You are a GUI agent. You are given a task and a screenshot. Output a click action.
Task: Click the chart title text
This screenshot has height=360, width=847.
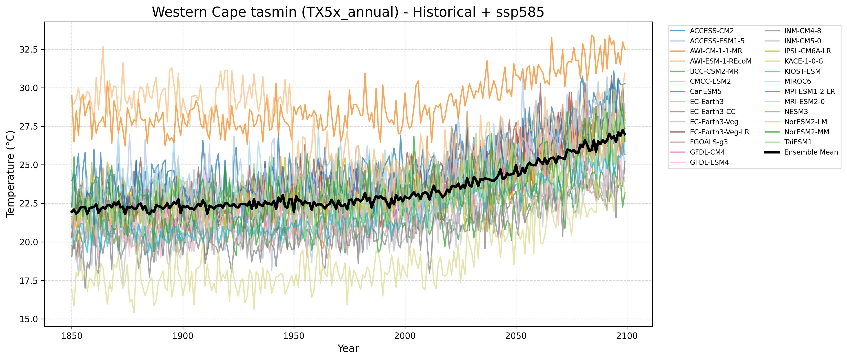(348, 12)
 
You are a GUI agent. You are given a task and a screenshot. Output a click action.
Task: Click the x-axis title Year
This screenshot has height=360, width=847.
(348, 348)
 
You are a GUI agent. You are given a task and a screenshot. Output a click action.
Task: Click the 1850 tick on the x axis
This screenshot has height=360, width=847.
(72, 336)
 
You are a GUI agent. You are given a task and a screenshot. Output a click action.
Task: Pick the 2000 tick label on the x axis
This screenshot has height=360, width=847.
(405, 336)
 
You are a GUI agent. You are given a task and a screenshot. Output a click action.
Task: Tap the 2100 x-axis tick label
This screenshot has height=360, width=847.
(627, 336)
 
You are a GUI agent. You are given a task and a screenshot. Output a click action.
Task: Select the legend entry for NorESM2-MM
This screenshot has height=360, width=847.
(806, 132)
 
